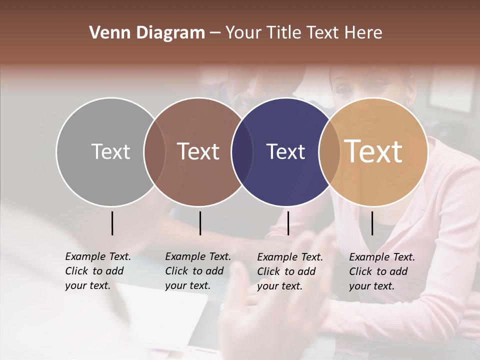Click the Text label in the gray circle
110,151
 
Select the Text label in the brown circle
198,151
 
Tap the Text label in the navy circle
286,151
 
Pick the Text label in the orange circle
373,151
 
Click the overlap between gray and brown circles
154,152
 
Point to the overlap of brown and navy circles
242,152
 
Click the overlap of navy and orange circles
328,152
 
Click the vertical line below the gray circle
112,223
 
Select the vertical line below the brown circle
200,223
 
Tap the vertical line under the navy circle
288,223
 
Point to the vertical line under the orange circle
372,223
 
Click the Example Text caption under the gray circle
98,271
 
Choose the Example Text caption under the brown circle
198,271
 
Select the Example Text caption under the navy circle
290,271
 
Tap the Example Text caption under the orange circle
382,271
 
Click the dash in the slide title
215,33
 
